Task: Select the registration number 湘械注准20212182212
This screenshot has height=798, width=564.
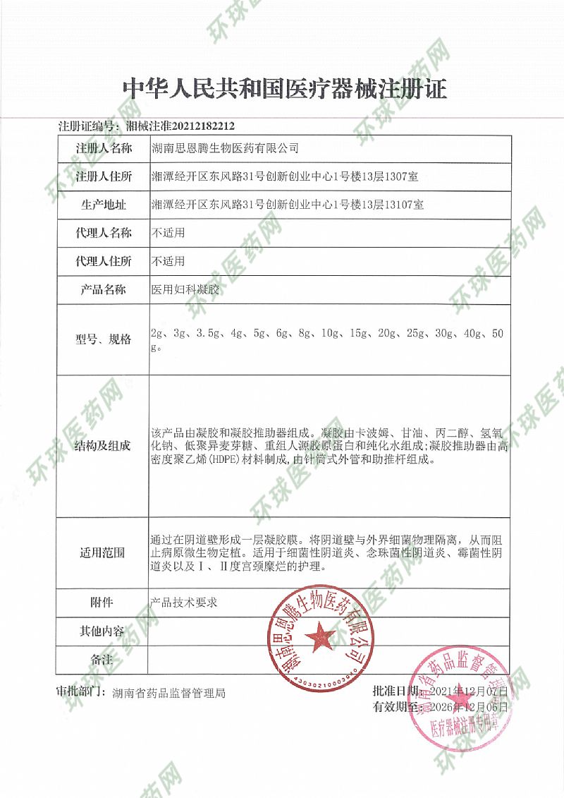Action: click(179, 126)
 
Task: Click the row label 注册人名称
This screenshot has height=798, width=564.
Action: click(104, 148)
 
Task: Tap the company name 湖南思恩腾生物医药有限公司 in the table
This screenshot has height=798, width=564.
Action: click(225, 148)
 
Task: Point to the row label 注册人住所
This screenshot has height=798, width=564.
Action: click(104, 176)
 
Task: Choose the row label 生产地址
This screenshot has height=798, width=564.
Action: click(104, 205)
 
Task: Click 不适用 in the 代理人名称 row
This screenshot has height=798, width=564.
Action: click(168, 232)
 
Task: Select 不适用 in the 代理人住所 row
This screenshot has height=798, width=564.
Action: click(168, 261)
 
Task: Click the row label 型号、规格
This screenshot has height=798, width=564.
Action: click(104, 339)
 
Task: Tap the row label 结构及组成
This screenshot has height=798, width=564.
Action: click(104, 445)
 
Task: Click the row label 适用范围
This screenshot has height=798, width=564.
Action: click(104, 552)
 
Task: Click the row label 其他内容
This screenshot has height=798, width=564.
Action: click(104, 631)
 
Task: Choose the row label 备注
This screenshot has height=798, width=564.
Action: click(104, 659)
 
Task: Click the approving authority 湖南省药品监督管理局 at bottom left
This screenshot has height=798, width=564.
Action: click(169, 694)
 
